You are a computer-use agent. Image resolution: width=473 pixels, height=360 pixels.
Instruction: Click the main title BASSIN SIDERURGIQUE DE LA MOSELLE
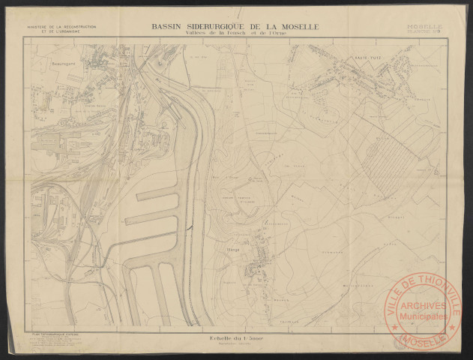[x=235, y=26]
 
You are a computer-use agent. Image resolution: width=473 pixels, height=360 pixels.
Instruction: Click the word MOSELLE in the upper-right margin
[x=425, y=26]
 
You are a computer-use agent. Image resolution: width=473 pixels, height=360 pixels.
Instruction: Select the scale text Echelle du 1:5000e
[x=235, y=340]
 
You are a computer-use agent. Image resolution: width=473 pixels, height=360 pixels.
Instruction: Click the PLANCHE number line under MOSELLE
[x=425, y=32]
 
